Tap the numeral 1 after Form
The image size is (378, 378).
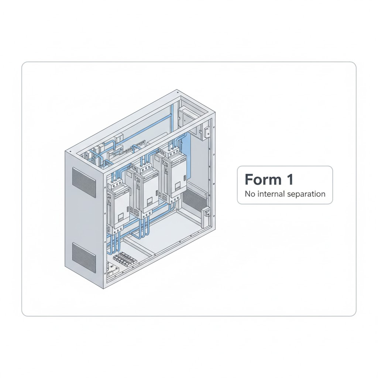290,179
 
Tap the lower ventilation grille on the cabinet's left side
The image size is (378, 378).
84,257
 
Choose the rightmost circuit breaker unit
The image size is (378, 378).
173,172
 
